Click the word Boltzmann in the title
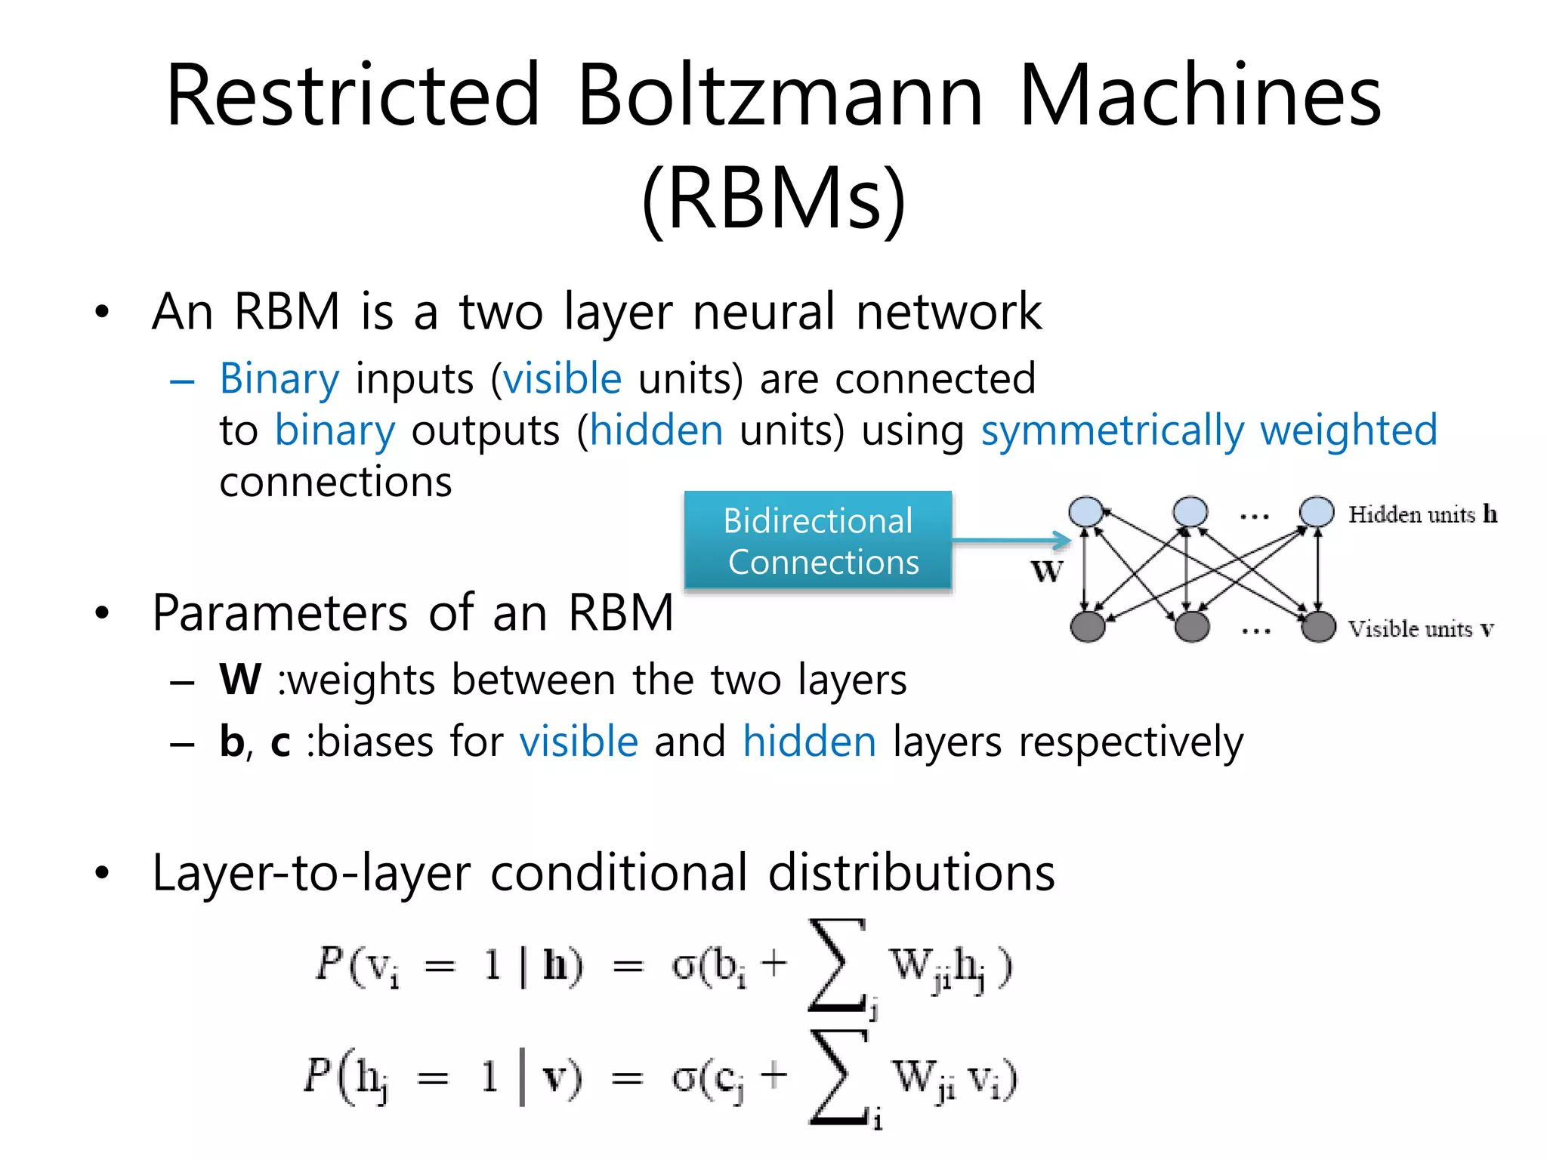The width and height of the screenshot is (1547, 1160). (x=780, y=97)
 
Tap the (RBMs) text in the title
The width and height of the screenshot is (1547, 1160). (x=773, y=198)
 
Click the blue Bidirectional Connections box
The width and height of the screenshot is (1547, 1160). (x=818, y=541)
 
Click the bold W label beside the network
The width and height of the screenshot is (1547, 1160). (x=1047, y=572)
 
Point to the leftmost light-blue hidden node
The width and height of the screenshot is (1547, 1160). (x=1086, y=512)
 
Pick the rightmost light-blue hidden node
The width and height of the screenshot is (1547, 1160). (x=1317, y=512)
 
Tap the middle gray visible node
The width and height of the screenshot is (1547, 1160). (x=1192, y=627)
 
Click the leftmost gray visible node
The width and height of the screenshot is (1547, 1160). (x=1088, y=627)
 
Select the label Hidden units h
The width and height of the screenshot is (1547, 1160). (x=1422, y=514)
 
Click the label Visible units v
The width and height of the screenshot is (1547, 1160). (x=1420, y=629)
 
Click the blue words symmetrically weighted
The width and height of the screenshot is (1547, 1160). (x=1209, y=430)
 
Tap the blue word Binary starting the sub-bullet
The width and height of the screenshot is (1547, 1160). (x=279, y=378)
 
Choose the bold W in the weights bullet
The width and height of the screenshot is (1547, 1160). (x=240, y=680)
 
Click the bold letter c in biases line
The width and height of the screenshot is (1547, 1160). (x=280, y=742)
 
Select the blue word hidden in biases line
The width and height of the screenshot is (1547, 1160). (x=809, y=742)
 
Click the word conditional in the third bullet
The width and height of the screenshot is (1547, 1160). (x=619, y=873)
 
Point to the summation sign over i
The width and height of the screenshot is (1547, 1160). (x=837, y=1076)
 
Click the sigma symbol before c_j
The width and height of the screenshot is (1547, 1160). (x=684, y=1078)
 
